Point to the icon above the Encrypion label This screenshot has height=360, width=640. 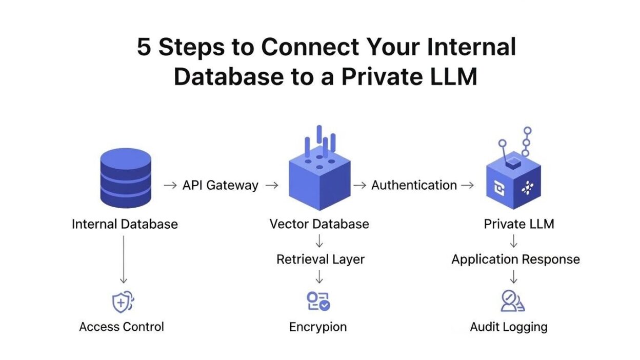318,302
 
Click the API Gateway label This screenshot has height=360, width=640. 221,185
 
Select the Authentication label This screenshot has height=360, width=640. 414,185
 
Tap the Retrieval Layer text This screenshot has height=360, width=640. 320,259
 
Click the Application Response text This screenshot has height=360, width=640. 515,259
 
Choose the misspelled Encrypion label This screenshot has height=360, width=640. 318,327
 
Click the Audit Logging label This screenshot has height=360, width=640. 509,327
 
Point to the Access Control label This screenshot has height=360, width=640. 122,327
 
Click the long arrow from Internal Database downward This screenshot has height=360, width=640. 123,259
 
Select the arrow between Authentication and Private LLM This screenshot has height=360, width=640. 467,185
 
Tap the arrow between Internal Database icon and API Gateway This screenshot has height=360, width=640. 170,185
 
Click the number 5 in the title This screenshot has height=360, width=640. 144,48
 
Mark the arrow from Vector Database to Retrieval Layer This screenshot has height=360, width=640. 319,241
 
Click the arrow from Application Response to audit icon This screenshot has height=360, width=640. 514,277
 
